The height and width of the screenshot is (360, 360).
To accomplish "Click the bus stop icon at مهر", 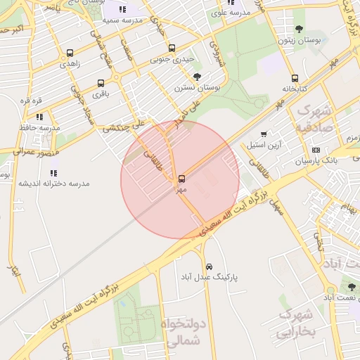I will [x=181, y=179].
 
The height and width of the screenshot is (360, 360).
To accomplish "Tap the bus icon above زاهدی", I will [x=70, y=53].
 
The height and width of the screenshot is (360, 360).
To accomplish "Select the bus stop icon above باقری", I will [x=101, y=82].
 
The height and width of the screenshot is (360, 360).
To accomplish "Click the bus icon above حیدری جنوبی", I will [x=172, y=49].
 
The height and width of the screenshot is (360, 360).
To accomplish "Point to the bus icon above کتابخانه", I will [x=295, y=78].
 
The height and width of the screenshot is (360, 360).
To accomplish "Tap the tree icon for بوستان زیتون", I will [x=299, y=29].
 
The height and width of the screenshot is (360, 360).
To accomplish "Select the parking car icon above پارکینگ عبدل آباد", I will [x=210, y=266].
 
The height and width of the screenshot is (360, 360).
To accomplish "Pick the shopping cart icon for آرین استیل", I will [x=264, y=134].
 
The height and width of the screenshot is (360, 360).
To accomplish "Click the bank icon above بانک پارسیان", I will [x=316, y=150].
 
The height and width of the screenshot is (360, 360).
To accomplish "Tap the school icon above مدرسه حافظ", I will [x=39, y=117].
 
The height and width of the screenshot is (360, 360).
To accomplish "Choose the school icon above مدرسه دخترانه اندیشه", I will [x=53, y=172].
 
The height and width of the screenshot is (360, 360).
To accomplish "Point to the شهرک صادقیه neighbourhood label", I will [x=314, y=119].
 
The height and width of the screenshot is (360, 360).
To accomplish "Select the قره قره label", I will [x=32, y=101].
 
